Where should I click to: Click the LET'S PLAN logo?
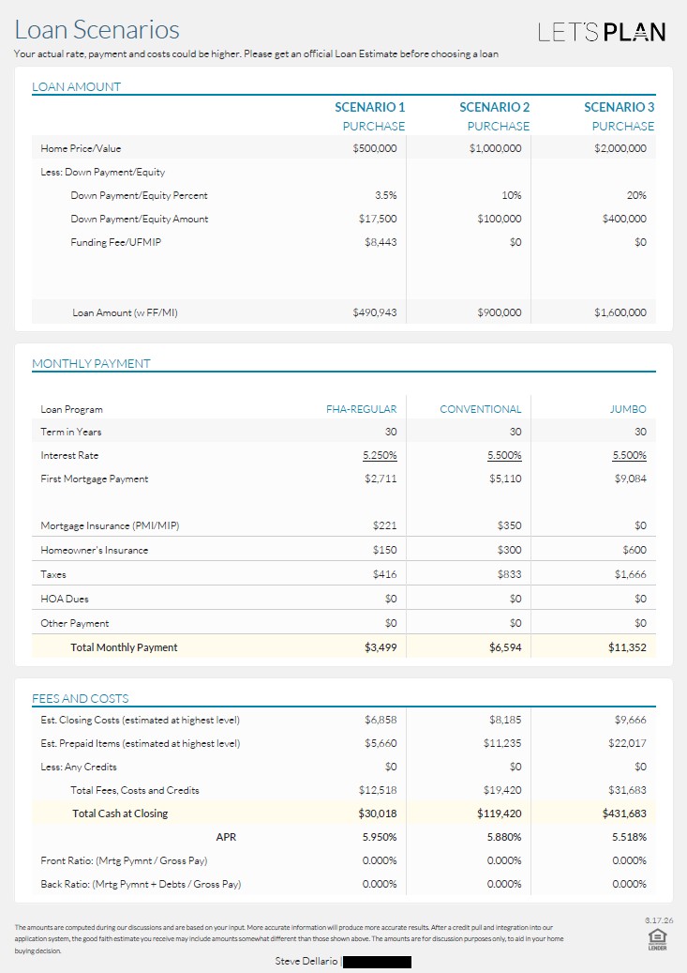coord(602,32)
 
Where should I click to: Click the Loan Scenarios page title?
coord(97,31)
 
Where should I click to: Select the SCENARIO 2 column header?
coord(495,107)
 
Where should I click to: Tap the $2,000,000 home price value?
coord(620,148)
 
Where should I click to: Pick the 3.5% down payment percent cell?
coord(385,195)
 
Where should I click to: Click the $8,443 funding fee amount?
coord(380,242)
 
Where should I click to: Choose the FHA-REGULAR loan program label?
coord(361,409)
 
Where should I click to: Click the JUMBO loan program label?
coord(627,409)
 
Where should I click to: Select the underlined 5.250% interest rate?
coord(380,456)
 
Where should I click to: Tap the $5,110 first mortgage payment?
coord(505,479)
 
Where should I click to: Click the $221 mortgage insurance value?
coord(384,525)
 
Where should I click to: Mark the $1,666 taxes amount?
coord(630,574)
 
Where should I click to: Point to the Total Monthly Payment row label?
coord(124,647)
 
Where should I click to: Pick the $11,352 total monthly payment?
coord(626,647)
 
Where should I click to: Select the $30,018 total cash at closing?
coord(377,813)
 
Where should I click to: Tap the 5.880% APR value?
coord(504,837)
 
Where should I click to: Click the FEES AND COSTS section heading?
coord(81,698)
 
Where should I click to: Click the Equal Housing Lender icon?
coord(657,938)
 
